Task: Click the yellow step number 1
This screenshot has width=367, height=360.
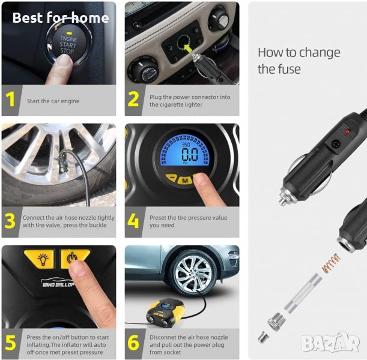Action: (10, 99)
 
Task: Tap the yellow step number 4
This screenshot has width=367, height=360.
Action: (133, 221)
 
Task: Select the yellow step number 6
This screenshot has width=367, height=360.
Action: (133, 343)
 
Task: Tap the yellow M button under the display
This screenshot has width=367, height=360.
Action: (184, 181)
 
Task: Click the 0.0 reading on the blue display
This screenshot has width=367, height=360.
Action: (190, 154)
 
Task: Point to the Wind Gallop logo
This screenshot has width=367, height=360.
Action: (58, 283)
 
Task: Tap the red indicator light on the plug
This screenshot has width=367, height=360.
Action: (348, 131)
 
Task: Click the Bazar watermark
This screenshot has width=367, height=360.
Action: (330, 342)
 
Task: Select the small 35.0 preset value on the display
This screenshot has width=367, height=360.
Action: (186, 145)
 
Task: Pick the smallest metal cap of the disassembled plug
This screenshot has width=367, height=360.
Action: (263, 338)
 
